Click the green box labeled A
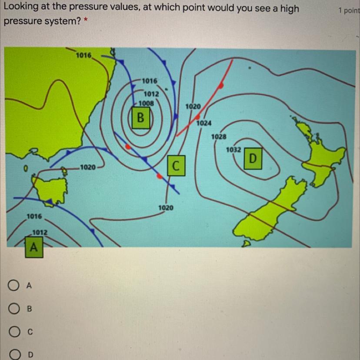34,247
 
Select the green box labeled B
141,118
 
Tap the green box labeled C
176,166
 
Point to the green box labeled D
253,158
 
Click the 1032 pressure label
233,150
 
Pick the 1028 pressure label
219,137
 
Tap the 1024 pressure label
204,123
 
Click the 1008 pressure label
146,103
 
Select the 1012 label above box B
151,94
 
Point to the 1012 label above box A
40,233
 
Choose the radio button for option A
13,285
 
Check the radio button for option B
14,309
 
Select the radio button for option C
14,332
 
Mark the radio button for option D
15,355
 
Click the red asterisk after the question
86,20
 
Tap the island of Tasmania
50,188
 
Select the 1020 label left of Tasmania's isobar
87,167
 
